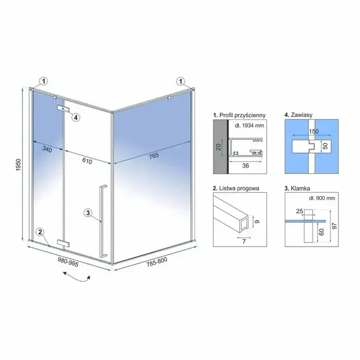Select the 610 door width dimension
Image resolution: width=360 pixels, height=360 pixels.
coord(88,159)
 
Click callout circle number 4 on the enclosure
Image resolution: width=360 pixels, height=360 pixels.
coord(76,117)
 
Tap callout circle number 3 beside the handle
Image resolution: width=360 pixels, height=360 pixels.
coord(88,213)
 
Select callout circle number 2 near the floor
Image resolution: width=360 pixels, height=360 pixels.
coord(39,232)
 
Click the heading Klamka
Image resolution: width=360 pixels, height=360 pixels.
coord(296,187)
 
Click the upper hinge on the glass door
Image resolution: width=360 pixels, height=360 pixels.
coord(63,108)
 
